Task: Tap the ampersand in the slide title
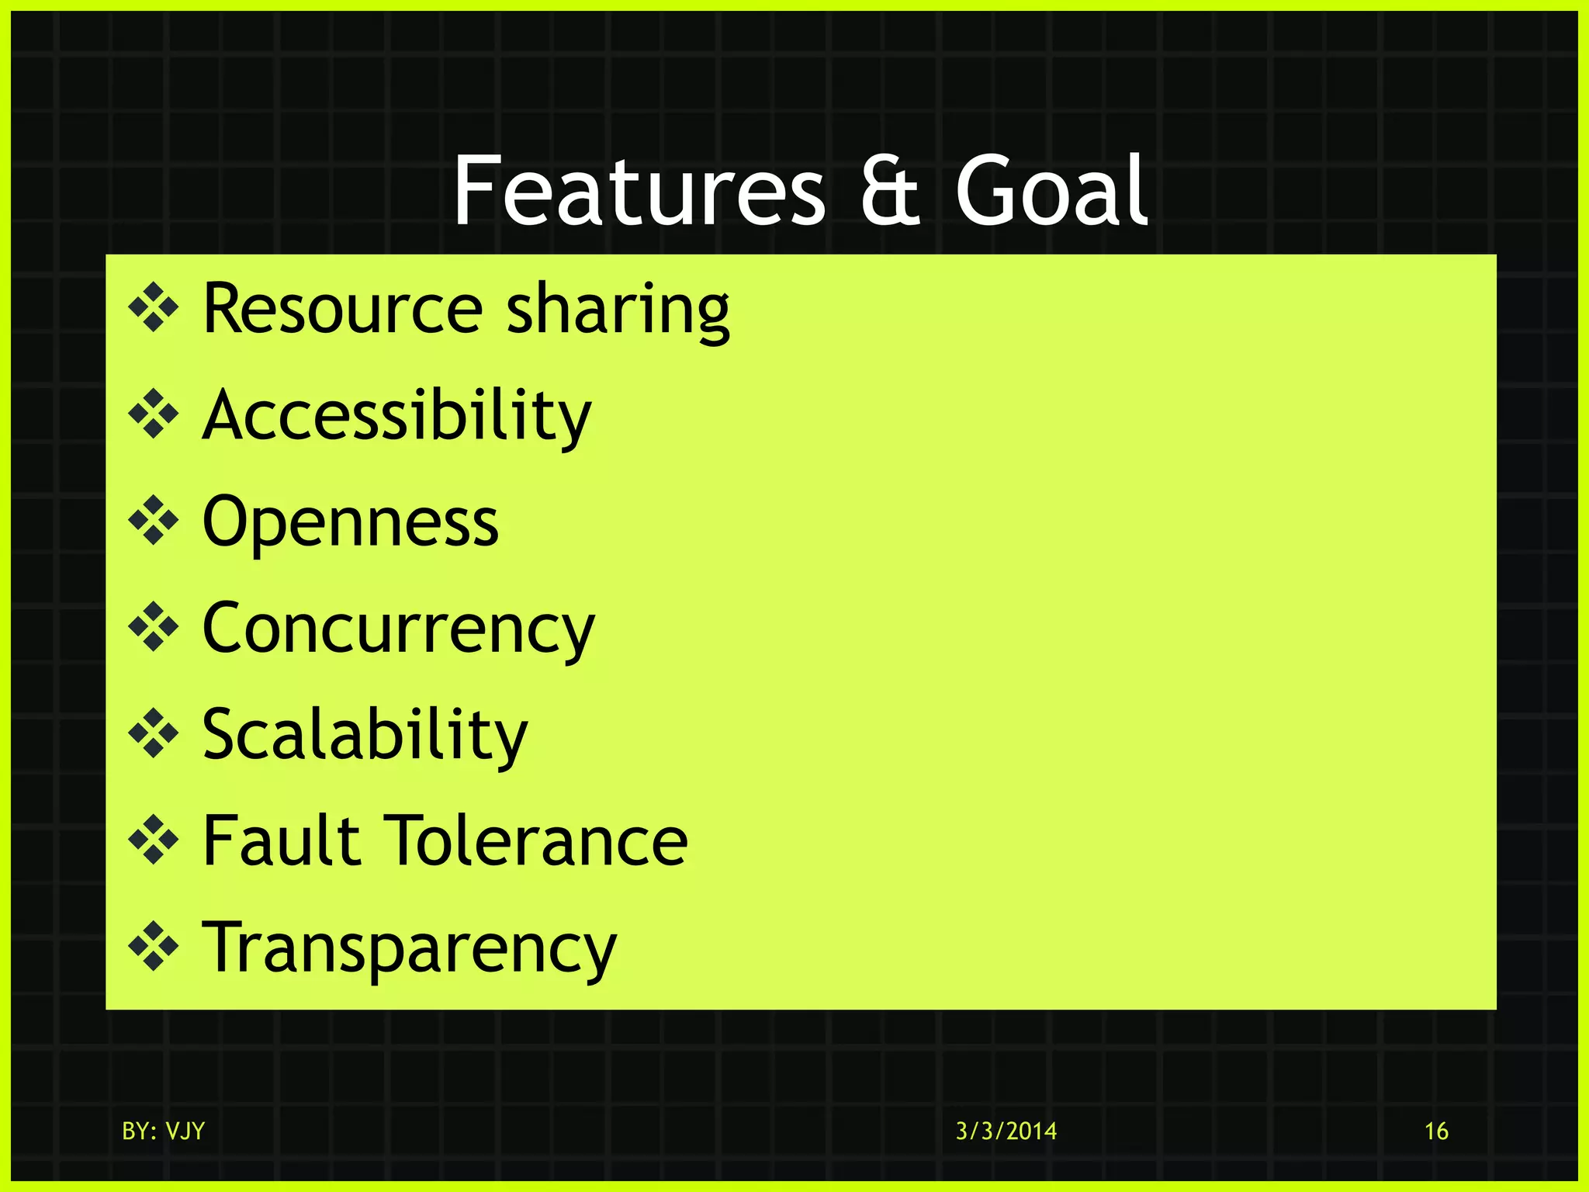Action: [889, 192]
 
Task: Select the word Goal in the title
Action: [1051, 191]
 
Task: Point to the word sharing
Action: [618, 310]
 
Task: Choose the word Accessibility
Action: [396, 417]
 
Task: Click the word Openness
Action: [350, 523]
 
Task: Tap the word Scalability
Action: [365, 735]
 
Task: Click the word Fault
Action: [281, 840]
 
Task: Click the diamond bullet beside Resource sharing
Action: [154, 309]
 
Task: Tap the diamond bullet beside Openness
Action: [154, 521]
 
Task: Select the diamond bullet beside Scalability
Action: [154, 733]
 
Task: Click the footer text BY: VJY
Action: [163, 1131]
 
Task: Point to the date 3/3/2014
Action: [1006, 1131]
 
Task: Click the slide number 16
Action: [1436, 1131]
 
